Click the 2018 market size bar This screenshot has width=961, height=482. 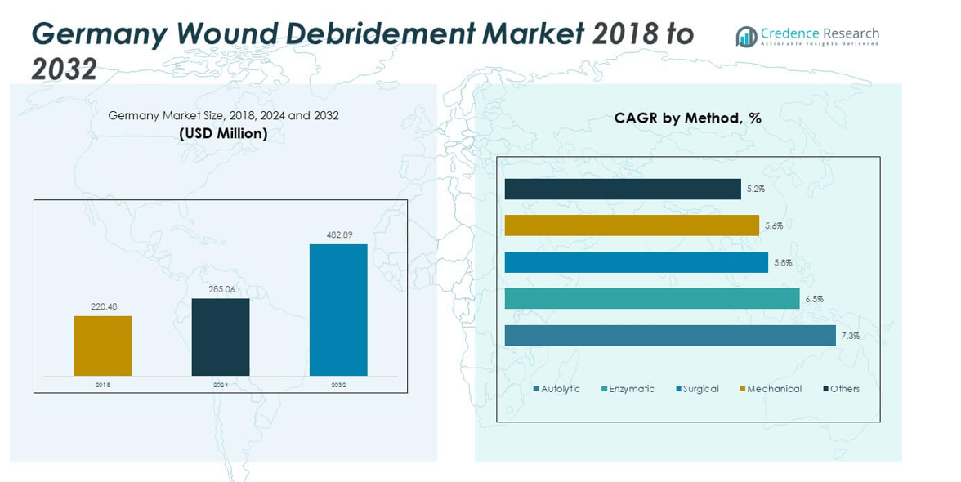tap(103, 346)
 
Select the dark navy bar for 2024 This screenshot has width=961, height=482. tap(221, 337)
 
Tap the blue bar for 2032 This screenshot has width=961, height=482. tap(338, 310)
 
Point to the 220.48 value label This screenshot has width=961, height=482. tap(103, 307)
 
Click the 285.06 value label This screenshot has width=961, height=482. tap(221, 289)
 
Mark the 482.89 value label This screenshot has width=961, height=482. tap(338, 235)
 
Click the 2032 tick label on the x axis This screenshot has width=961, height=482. tap(338, 385)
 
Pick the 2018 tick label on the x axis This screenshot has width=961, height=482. tap(103, 385)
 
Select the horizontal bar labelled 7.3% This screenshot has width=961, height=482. tap(670, 336)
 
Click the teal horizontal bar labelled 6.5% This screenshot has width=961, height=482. tap(652, 299)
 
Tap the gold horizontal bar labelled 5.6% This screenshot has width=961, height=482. tap(632, 225)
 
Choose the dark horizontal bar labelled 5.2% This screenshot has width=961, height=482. tap(623, 189)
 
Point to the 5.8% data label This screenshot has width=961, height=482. tap(781, 262)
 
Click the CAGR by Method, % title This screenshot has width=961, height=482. tap(688, 118)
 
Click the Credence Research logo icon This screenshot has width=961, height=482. tap(746, 36)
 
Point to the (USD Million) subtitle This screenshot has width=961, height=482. tap(223, 133)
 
